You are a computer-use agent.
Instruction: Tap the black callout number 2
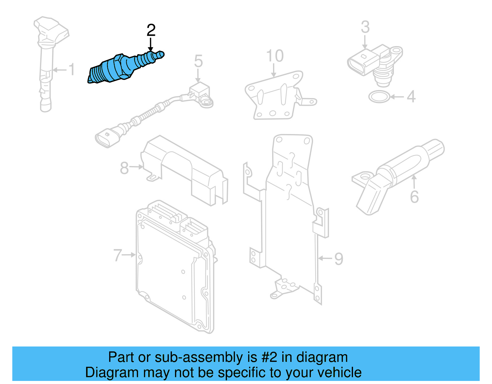151,30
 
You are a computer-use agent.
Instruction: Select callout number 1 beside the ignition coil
72,69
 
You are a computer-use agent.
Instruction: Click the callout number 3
365,27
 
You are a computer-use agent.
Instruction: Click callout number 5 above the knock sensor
198,61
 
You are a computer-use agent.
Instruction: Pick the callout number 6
415,197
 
